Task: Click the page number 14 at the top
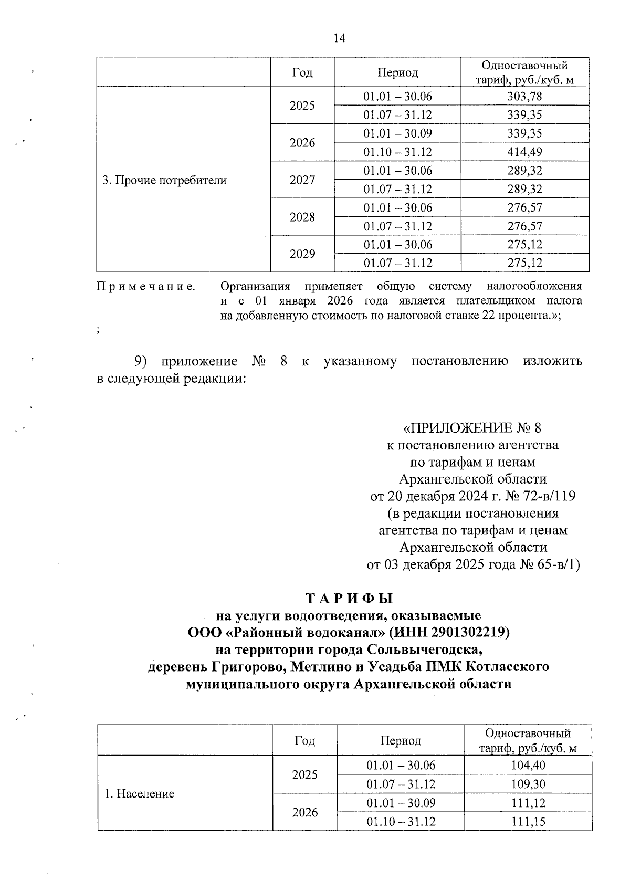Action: tap(339, 38)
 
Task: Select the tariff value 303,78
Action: tap(524, 97)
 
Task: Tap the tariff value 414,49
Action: tap(524, 152)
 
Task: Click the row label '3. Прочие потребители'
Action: tap(164, 181)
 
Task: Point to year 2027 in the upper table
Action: tap(302, 180)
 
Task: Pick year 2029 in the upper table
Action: tap(302, 254)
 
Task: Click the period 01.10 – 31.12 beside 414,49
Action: tap(397, 152)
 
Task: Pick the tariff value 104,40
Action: tap(528, 765)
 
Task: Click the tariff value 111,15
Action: tap(528, 821)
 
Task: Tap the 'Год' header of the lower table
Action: tap(304, 741)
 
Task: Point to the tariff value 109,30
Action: tap(528, 784)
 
